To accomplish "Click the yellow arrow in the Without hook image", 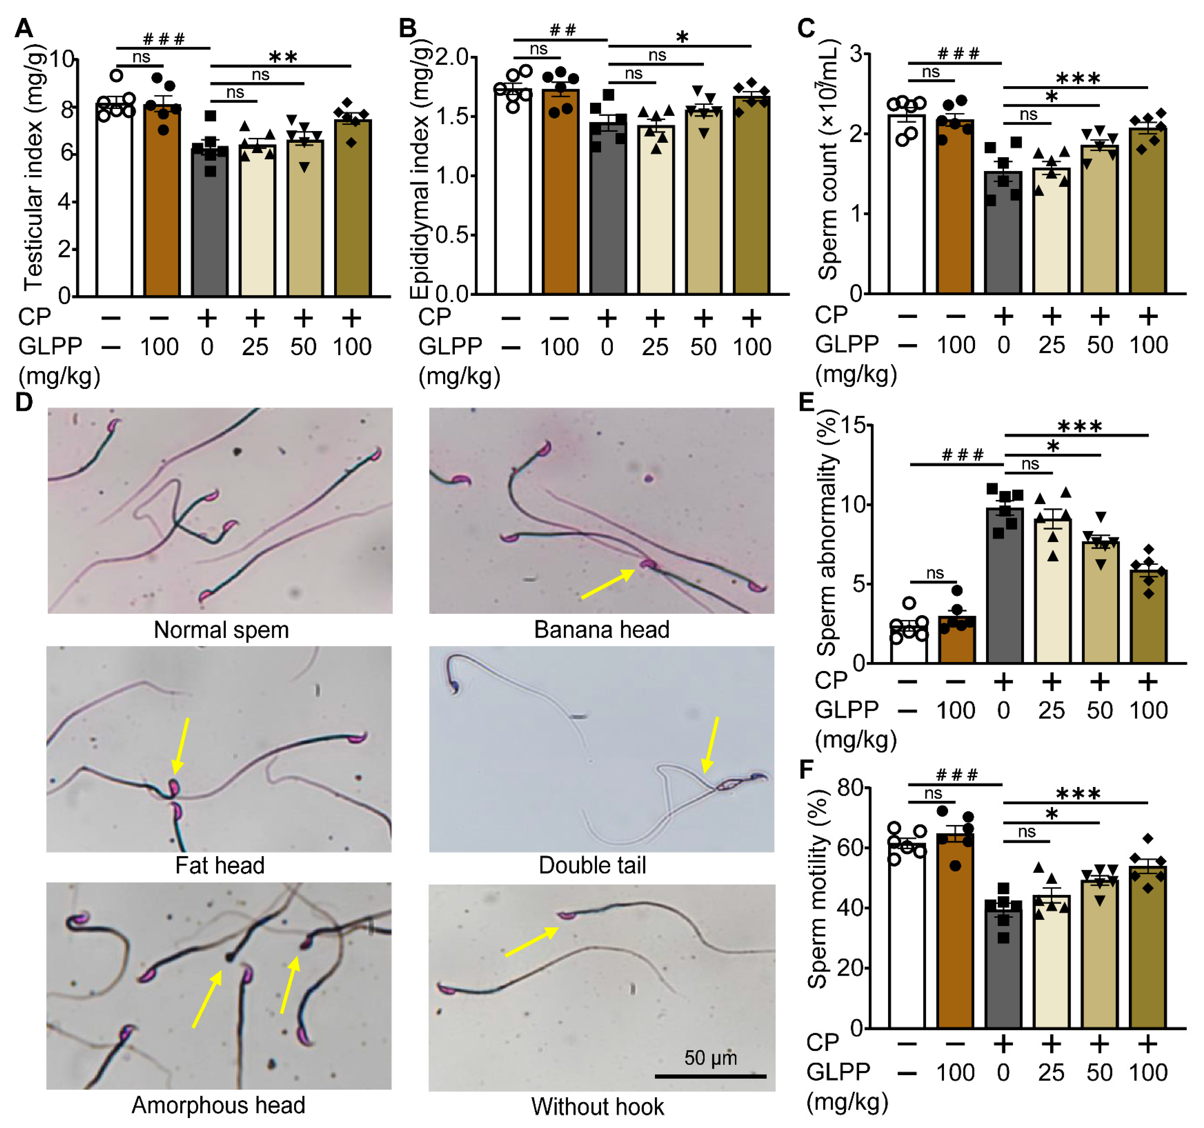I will tap(532, 942).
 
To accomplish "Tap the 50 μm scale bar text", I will tap(710, 1058).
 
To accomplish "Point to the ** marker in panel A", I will tap(283, 58).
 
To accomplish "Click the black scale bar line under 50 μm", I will tap(710, 1076).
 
